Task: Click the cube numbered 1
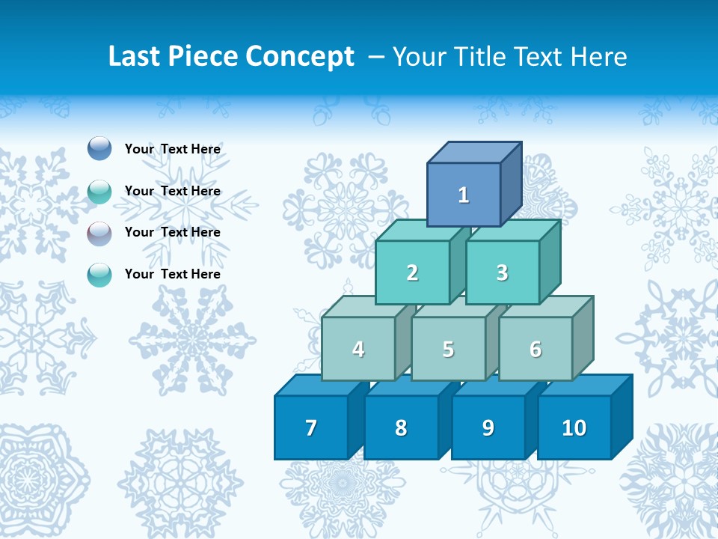(464, 195)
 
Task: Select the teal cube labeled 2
(412, 272)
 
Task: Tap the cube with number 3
(502, 272)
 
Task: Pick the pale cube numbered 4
(358, 349)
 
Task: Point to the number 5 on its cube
(448, 349)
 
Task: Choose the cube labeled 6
(536, 349)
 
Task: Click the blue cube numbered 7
(311, 427)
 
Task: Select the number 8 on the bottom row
(401, 427)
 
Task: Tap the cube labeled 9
(488, 427)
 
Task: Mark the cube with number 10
(574, 427)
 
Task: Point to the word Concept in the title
(301, 58)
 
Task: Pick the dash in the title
(376, 58)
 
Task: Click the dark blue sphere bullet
(99, 148)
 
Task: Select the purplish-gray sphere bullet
(99, 233)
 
